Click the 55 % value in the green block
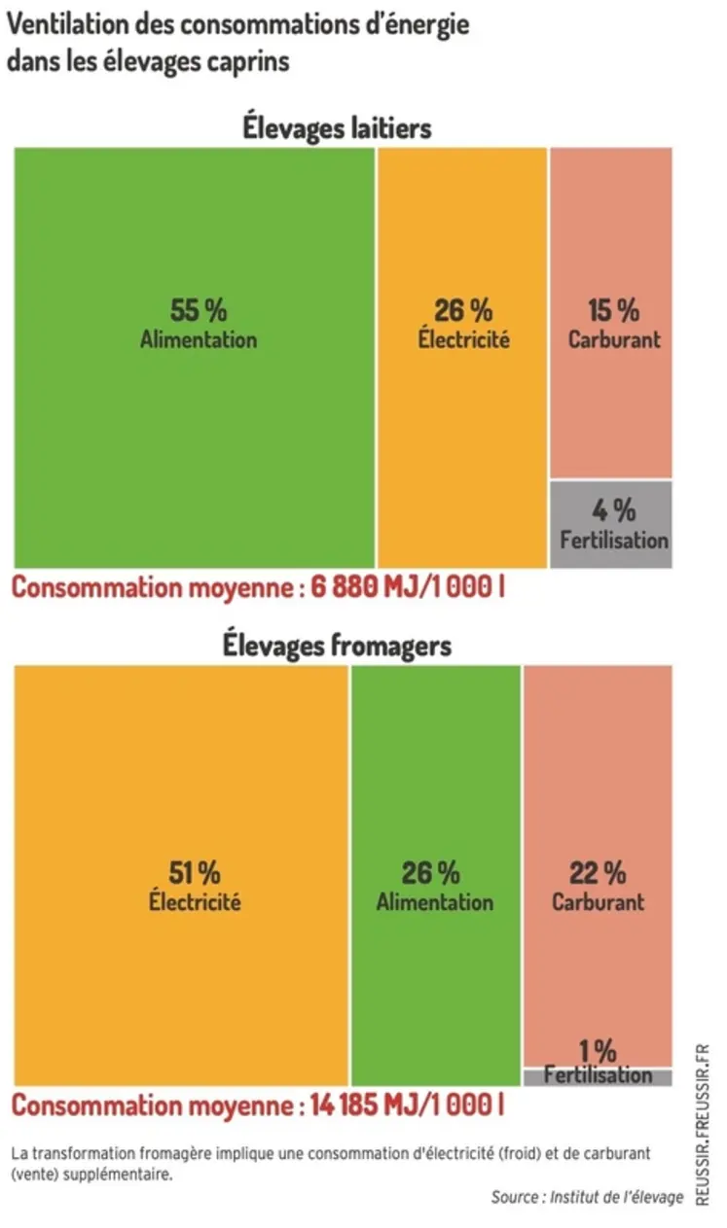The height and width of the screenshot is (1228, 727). [199, 311]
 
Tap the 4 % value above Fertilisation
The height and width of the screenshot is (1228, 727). [613, 509]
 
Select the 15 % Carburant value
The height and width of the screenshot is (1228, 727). [613, 311]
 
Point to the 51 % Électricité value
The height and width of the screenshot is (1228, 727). [195, 871]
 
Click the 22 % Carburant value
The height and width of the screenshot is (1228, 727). [599, 871]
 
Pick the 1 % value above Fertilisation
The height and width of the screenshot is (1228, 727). [598, 1051]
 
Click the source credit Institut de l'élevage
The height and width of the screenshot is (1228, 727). [617, 1197]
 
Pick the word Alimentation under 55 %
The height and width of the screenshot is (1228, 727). [199, 340]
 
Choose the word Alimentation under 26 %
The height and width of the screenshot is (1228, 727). [435, 901]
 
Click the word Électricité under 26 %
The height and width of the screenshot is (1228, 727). [464, 340]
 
